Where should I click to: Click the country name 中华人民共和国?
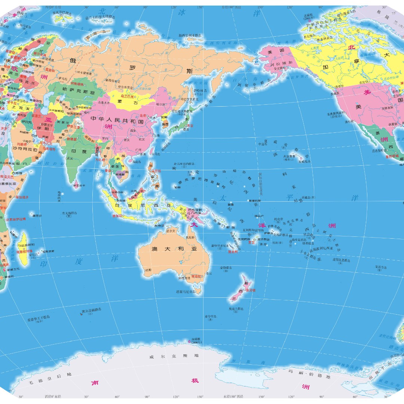(117, 122)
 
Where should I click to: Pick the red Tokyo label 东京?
(190, 126)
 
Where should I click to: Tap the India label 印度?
(79, 151)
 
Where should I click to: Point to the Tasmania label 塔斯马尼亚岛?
(186, 291)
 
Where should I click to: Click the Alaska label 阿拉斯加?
(278, 63)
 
